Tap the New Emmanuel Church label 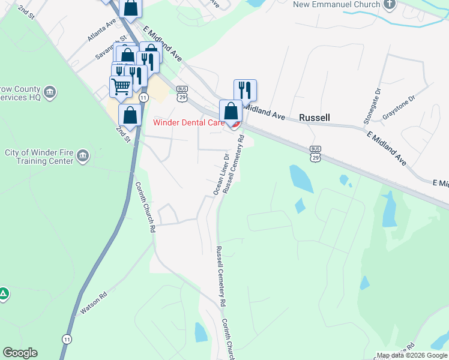[x=337, y=5]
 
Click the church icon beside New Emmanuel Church [x=390, y=5]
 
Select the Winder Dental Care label [x=190, y=123]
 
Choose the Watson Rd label [x=94, y=304]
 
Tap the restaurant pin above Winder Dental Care [x=245, y=90]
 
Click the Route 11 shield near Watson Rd [x=67, y=340]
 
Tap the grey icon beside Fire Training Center [x=83, y=157]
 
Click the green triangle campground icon [x=4, y=293]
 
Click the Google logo [x=20, y=353]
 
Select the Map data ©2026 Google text [x=412, y=355]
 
